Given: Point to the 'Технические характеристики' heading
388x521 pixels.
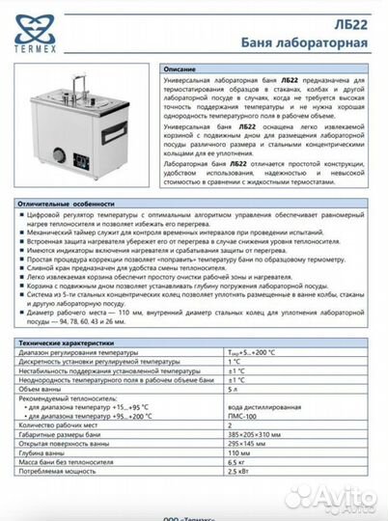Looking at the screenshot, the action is [76, 343].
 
